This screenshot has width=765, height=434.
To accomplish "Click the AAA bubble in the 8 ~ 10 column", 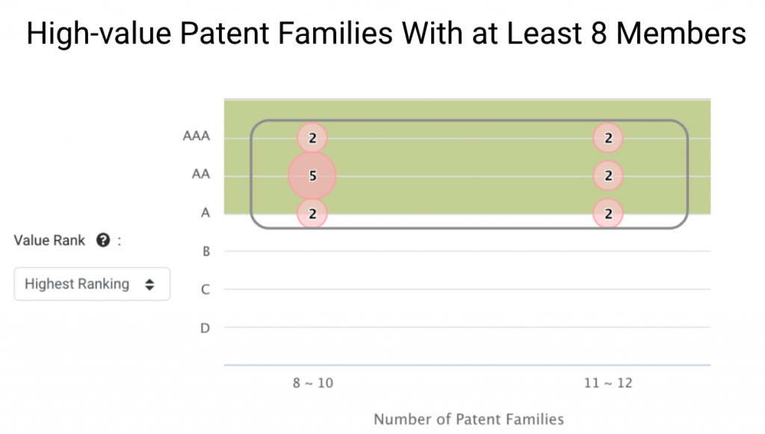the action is pos(312,137).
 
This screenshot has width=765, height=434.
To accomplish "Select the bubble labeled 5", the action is pos(312,176).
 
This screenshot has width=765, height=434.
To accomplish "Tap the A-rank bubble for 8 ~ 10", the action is pos(312,214).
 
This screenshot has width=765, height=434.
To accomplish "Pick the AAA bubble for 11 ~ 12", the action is pos(608,137).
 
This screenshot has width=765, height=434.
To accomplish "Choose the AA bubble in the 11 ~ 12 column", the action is pos(608,176).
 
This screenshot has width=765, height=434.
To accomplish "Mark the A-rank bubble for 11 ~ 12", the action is pos(608,214).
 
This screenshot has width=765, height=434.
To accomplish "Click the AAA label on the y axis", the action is pos(196,135).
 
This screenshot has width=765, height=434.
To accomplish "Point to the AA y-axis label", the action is pos(200,174).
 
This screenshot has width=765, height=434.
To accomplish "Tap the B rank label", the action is pos(206,251).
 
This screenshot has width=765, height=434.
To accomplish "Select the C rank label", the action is pos(205,289).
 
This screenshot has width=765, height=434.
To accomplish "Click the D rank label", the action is pos(205,328).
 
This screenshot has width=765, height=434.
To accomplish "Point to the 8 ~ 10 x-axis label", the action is pos(313,382).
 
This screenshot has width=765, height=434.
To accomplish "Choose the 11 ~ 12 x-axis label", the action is pos(608,382).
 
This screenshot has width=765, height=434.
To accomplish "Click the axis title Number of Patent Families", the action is pos(468,419).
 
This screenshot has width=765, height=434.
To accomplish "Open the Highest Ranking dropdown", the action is pos(92,284).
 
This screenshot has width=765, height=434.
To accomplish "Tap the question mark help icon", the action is pos(103,240).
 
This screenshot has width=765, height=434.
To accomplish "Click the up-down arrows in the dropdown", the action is pos(149,285).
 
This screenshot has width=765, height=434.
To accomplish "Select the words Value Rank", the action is pos(49,241).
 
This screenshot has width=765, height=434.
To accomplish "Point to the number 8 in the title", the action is pos(598,33).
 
